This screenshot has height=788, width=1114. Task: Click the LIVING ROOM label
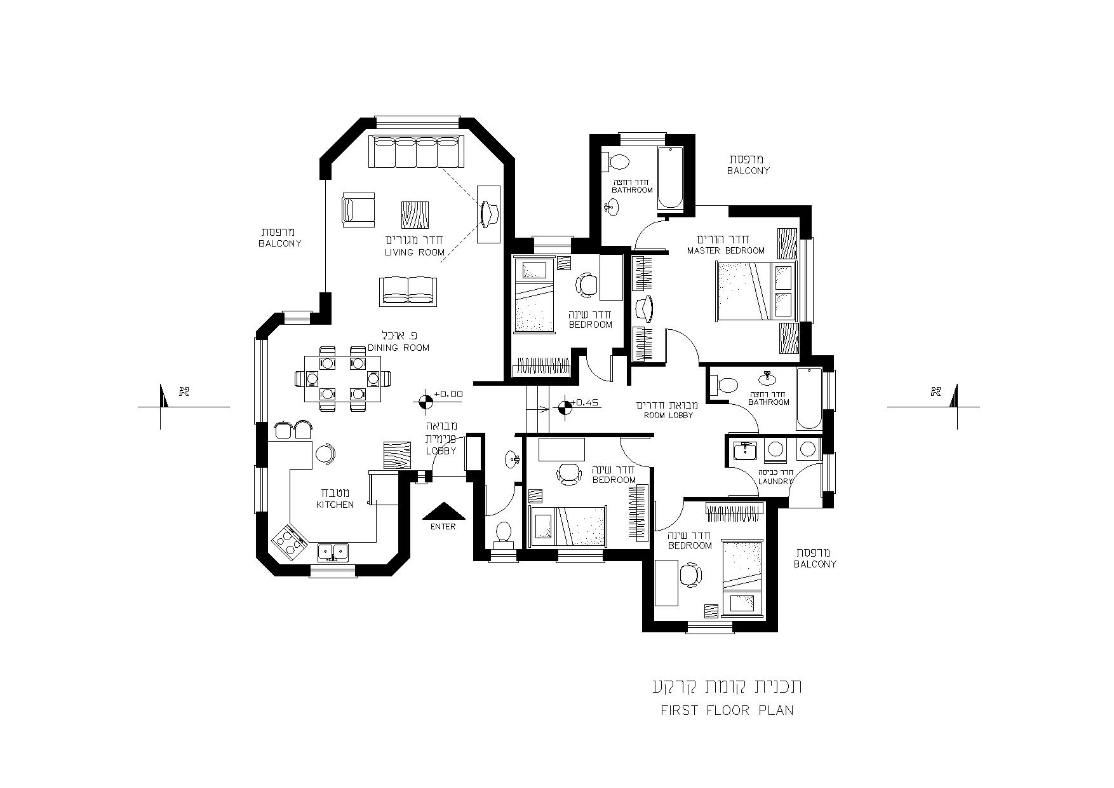point(415,252)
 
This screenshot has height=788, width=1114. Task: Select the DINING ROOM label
point(398,348)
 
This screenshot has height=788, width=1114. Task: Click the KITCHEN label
point(335,505)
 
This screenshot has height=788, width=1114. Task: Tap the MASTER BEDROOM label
point(726,251)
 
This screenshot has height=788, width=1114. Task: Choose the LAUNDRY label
point(775,482)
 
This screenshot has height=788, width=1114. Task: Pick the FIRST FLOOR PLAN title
point(727,710)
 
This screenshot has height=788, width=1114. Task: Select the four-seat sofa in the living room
point(416,151)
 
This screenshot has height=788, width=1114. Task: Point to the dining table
point(343,379)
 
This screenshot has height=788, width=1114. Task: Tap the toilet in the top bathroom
point(615,161)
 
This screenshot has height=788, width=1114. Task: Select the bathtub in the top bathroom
point(670,178)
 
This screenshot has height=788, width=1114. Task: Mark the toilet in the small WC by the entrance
point(504,533)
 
